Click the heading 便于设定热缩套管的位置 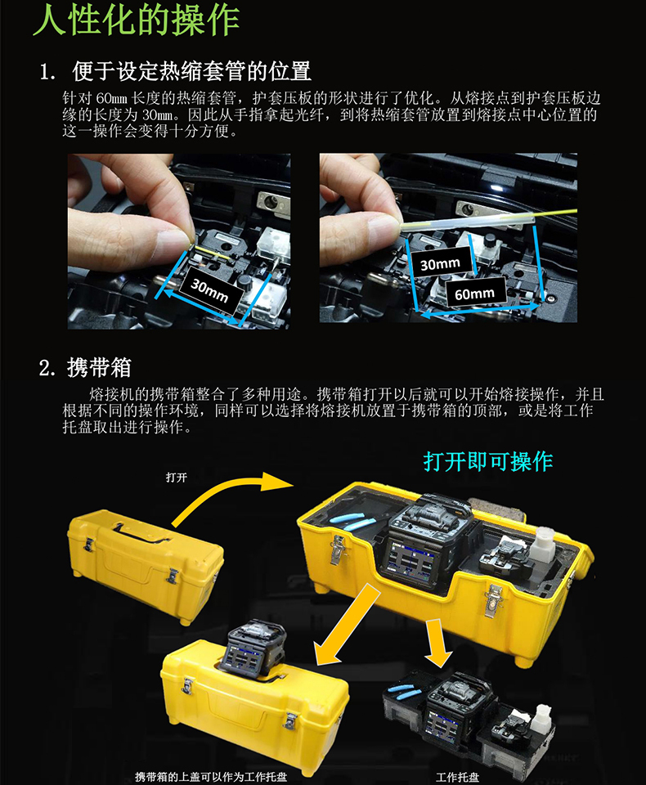pos(192,71)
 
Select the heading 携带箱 pos(99,368)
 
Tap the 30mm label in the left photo pos(210,291)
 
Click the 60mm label pos(475,294)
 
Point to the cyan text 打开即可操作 pos(488,461)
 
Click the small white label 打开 pos(177,478)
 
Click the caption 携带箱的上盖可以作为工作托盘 pos(211,777)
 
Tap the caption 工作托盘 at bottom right pos(458,778)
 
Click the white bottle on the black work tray pos(541,716)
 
